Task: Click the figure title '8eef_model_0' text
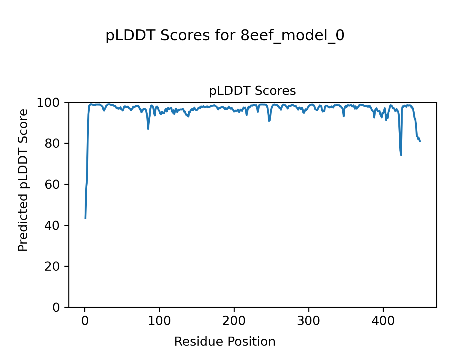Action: click(292, 36)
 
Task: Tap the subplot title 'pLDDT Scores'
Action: click(252, 91)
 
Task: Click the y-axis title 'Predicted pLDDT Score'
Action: click(23, 180)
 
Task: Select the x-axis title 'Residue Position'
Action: click(225, 341)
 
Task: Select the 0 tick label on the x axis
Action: click(85, 321)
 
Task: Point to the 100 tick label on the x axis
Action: click(159, 321)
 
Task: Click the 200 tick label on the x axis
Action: click(234, 321)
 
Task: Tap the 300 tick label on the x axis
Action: click(308, 321)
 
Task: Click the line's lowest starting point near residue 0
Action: click(85, 218)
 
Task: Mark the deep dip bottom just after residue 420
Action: click(401, 155)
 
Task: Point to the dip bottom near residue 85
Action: click(148, 129)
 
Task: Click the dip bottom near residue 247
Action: click(269, 121)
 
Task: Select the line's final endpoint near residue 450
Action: click(420, 141)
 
